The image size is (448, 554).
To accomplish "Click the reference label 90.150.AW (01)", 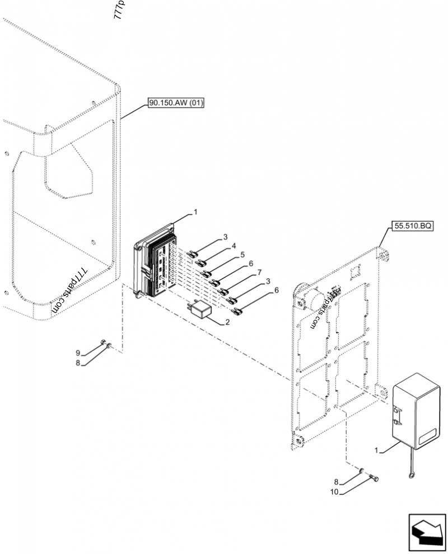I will click(x=176, y=103).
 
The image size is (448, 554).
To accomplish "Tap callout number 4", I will click(x=235, y=245).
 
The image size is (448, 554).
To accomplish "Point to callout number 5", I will click(x=242, y=254).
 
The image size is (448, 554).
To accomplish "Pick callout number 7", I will click(x=259, y=272).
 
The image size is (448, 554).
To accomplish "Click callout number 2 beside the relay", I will click(x=228, y=322).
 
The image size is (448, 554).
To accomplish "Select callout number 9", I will click(x=78, y=352).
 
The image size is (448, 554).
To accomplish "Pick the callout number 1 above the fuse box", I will click(x=195, y=212).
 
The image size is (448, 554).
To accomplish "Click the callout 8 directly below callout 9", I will click(x=78, y=363).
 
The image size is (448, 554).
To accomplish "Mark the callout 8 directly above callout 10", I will click(x=336, y=481).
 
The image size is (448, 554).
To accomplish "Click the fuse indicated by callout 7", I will click(x=225, y=291).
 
